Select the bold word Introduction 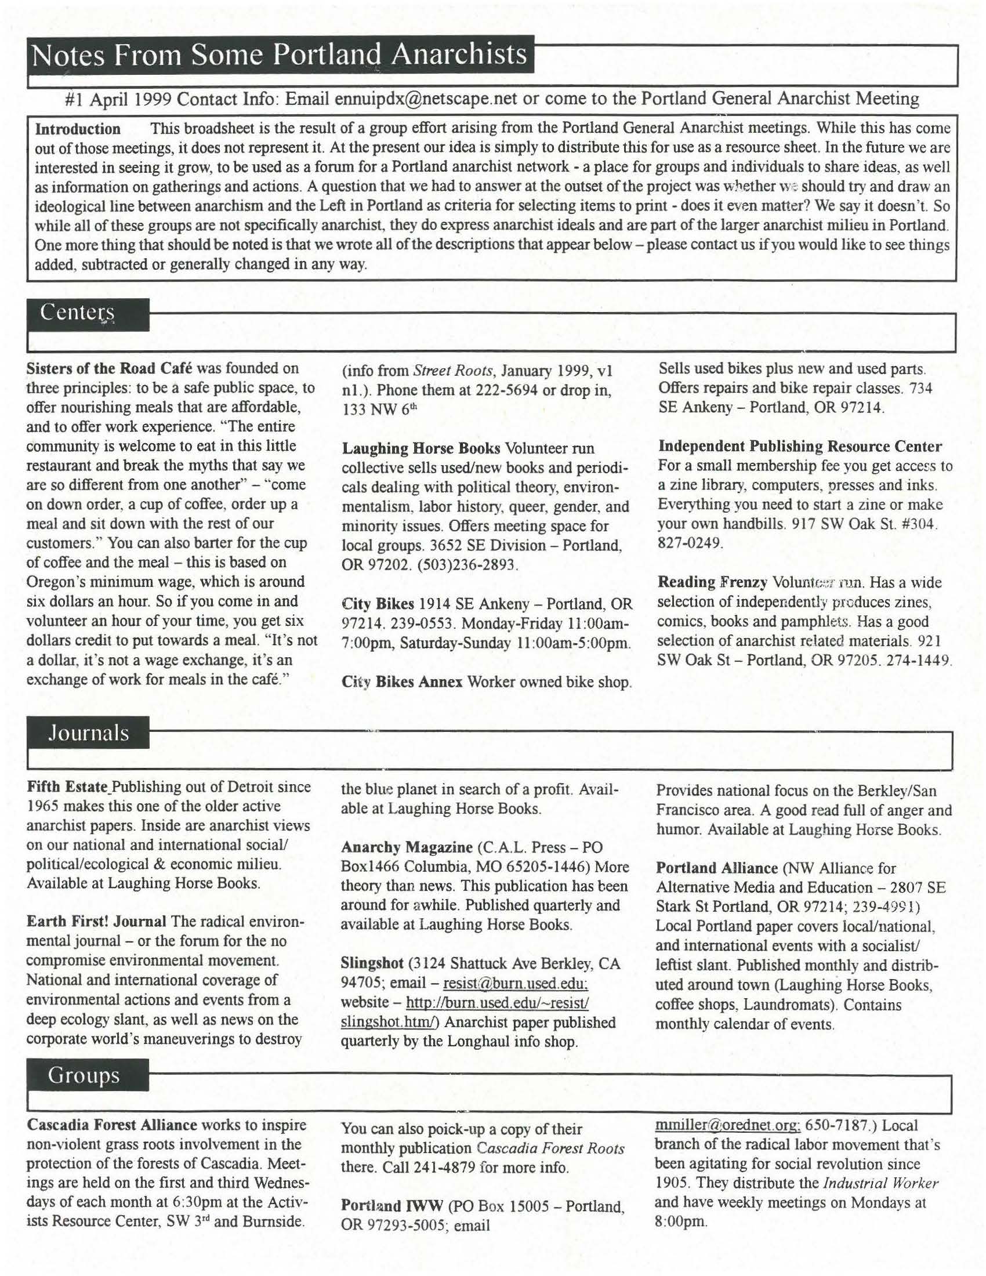[78, 129]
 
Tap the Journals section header [88, 733]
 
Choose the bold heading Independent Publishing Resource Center [800, 447]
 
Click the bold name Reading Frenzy [712, 582]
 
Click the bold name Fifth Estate [67, 786]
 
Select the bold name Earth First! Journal [96, 922]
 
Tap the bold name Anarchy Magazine [406, 847]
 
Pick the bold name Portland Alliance [717, 868]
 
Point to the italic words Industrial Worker [880, 1183]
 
